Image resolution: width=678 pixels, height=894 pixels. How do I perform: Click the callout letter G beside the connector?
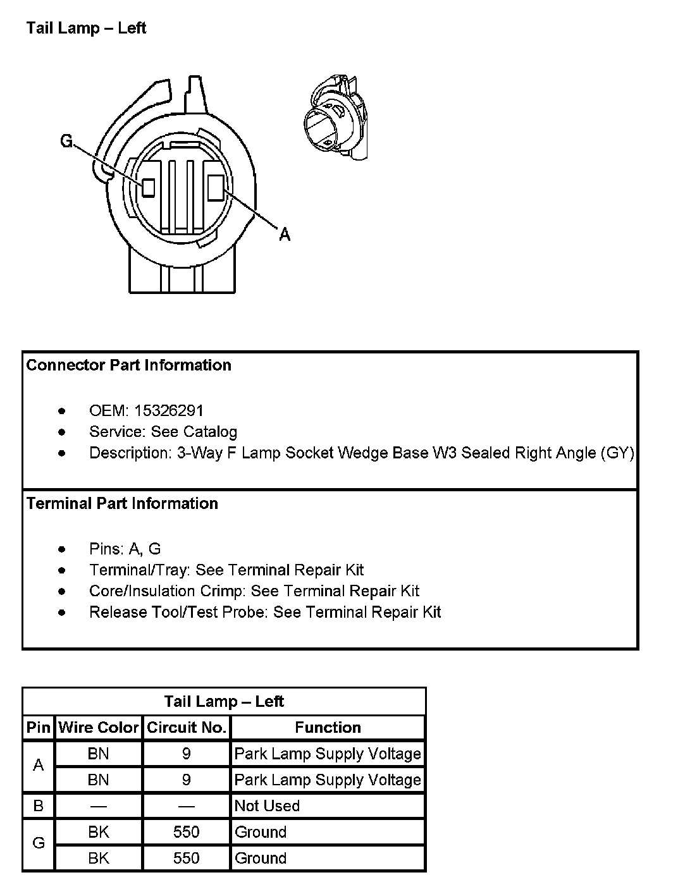[x=66, y=141]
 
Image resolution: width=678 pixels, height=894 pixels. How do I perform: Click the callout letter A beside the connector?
[x=285, y=235]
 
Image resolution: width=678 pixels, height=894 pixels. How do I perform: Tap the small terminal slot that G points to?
[x=149, y=187]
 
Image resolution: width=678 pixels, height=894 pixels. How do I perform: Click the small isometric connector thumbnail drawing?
[x=334, y=118]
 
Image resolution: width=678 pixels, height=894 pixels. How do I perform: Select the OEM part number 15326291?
[x=169, y=411]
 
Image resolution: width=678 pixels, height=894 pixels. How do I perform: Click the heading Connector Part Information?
[x=129, y=365]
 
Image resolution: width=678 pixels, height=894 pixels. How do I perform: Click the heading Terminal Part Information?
[x=122, y=504]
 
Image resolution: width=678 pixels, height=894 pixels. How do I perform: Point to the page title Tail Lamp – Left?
[x=86, y=28]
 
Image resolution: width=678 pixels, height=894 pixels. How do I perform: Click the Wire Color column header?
[x=99, y=728]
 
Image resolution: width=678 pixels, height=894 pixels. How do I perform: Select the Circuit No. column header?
[x=187, y=728]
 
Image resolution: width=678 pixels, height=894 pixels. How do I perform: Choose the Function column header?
[x=328, y=728]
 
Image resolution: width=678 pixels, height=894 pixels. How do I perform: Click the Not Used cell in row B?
[x=267, y=806]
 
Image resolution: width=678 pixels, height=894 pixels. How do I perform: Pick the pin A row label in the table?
[x=39, y=766]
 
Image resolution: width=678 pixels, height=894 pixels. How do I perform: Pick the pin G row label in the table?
[x=39, y=843]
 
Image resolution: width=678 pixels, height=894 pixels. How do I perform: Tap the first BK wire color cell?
[x=99, y=832]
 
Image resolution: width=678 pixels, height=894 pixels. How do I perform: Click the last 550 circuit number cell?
[x=187, y=858]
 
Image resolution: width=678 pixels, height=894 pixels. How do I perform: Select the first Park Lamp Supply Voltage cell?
[x=328, y=754]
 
